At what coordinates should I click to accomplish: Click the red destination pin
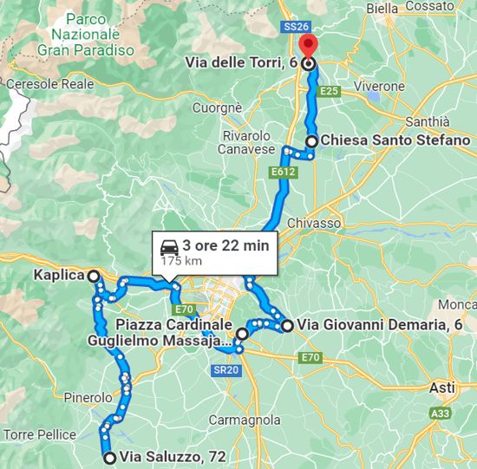[307, 46]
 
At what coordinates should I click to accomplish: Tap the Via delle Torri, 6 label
[242, 62]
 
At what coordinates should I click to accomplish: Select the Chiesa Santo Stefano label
[395, 140]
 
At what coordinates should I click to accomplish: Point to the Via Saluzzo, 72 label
[168, 457]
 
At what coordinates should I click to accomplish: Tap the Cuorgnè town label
[216, 109]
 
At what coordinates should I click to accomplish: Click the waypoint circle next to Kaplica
[93, 276]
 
